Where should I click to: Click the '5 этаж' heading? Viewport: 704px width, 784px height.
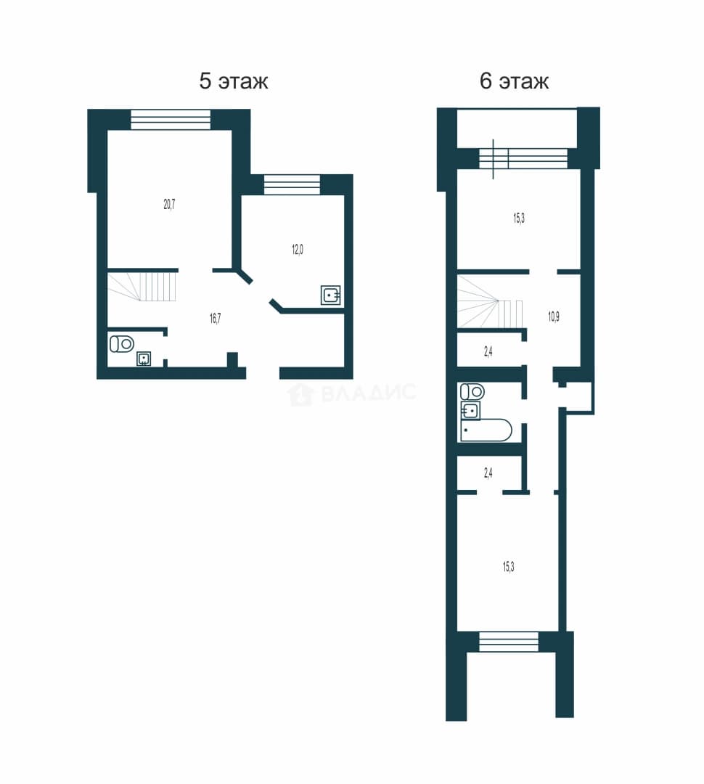(234, 81)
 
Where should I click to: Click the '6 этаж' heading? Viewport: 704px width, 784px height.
(514, 81)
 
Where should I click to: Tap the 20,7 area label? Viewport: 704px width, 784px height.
(170, 204)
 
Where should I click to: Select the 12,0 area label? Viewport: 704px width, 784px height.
(298, 250)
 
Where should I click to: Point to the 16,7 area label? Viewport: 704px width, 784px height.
(216, 319)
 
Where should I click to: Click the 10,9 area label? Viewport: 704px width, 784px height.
(554, 317)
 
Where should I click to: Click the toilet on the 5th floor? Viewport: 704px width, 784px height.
(122, 343)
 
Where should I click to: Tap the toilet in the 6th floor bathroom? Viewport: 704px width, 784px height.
(472, 391)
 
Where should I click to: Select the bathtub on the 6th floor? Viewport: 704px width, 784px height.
(486, 430)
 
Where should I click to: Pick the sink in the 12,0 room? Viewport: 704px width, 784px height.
(330, 295)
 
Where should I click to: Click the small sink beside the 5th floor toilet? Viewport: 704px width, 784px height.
(144, 359)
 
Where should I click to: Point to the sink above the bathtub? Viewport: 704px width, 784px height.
(470, 410)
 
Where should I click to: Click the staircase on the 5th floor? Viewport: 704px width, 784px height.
(142, 287)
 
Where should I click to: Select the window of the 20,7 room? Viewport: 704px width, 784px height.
(171, 120)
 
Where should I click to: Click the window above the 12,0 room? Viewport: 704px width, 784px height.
(292, 184)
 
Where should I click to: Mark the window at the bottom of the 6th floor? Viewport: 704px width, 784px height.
(509, 642)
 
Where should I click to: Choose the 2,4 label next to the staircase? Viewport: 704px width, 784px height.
(488, 352)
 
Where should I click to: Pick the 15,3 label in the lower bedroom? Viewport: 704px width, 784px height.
(509, 566)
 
